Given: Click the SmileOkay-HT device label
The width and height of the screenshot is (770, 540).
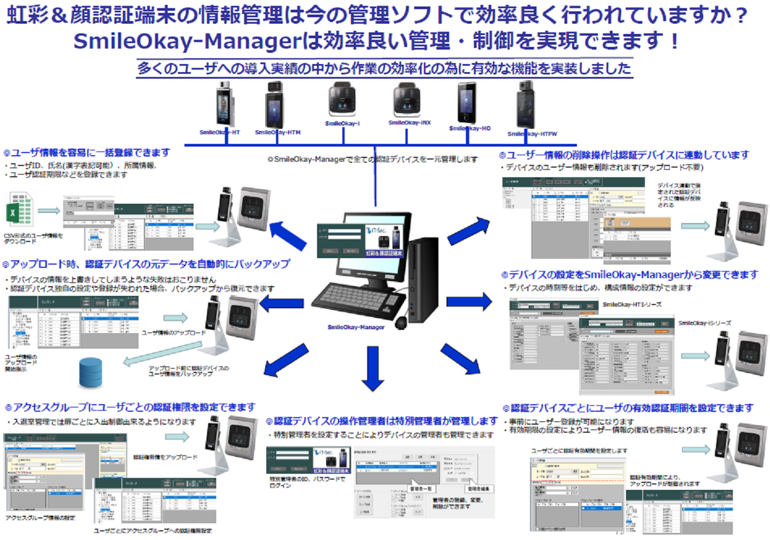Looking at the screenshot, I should [219, 133].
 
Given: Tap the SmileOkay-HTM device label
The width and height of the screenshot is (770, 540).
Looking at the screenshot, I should [278, 133].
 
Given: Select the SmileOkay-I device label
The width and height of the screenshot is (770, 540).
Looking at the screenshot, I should [342, 123].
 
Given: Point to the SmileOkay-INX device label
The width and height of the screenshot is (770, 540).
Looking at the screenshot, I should [410, 123].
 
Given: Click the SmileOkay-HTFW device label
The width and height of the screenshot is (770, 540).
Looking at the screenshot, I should [532, 134].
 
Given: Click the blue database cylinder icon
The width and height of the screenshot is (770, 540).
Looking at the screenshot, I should [90, 373].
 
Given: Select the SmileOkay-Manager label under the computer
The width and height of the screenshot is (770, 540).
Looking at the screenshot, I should [356, 327].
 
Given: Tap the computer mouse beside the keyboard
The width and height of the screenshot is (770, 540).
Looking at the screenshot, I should [401, 322].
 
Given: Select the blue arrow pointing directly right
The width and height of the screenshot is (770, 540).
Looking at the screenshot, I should [469, 302].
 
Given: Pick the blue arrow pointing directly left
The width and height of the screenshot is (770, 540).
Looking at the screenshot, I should [282, 303].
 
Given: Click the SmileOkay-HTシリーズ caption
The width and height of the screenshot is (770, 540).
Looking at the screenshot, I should [632, 304].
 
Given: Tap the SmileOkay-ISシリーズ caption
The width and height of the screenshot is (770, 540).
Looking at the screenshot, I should [705, 323].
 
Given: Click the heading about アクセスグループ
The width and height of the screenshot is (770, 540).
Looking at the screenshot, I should [130, 407].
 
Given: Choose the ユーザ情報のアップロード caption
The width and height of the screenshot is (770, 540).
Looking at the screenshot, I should [174, 333].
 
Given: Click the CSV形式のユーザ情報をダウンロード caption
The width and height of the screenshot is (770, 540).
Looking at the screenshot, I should [33, 238].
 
